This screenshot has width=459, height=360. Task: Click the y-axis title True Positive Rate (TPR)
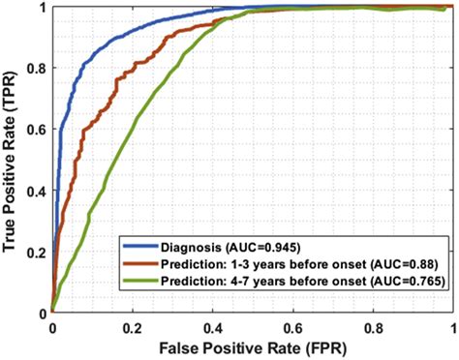pyautogui.click(x=13, y=160)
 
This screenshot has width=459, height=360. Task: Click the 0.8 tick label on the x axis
pyautogui.click(x=374, y=328)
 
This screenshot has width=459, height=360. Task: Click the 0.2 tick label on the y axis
pyautogui.click(x=37, y=253)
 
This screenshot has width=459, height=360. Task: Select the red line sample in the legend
pyautogui.click(x=138, y=263)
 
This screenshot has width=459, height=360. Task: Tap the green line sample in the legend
pyautogui.click(x=138, y=281)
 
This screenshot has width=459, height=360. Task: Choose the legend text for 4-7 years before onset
pyautogui.click(x=293, y=281)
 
